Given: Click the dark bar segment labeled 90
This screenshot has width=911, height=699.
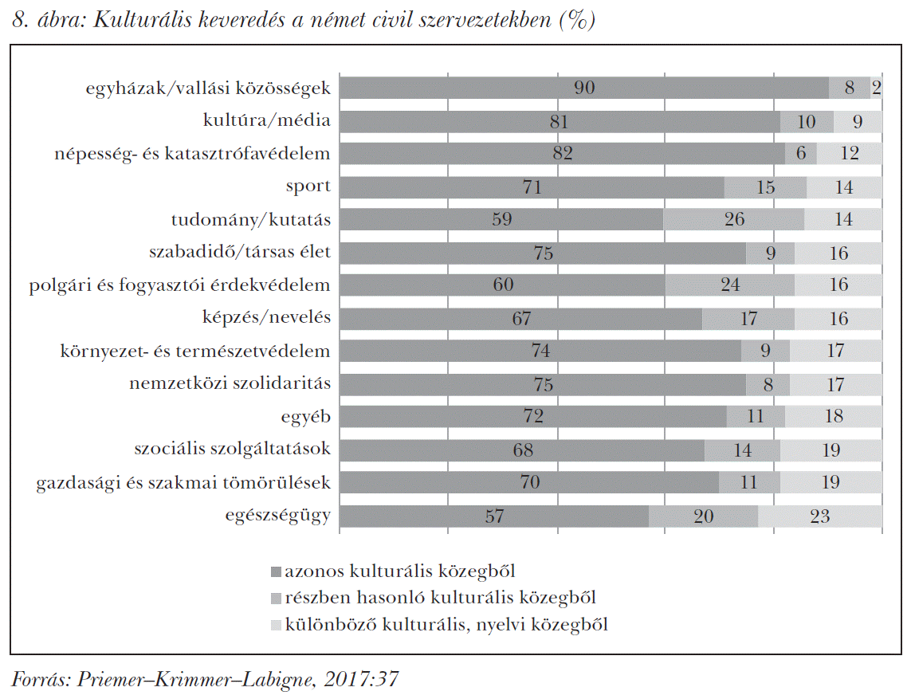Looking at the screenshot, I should click(584, 88).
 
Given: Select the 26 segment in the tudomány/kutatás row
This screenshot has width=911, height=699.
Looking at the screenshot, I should click(734, 219).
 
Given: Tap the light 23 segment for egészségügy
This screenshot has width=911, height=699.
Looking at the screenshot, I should click(819, 516).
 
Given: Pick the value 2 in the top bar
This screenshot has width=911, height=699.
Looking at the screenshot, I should click(877, 88).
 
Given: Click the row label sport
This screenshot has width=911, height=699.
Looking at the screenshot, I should click(308, 187).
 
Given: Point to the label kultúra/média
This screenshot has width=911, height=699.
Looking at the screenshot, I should click(266, 121).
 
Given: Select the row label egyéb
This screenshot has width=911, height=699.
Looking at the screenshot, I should click(305, 416).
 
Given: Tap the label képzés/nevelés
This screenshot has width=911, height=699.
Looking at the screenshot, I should click(266, 318).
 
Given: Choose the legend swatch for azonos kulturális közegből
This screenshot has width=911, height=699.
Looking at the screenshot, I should click(276, 571).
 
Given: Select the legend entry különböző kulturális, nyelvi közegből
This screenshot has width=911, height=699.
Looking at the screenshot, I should click(446, 623).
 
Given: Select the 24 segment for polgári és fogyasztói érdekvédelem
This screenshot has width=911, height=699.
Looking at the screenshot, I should click(730, 285).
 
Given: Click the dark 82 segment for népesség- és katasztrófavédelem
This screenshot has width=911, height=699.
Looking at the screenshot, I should click(563, 153).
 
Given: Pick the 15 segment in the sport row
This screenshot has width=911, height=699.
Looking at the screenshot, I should click(766, 187).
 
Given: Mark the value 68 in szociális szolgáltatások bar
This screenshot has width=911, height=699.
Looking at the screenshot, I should click(524, 450).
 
